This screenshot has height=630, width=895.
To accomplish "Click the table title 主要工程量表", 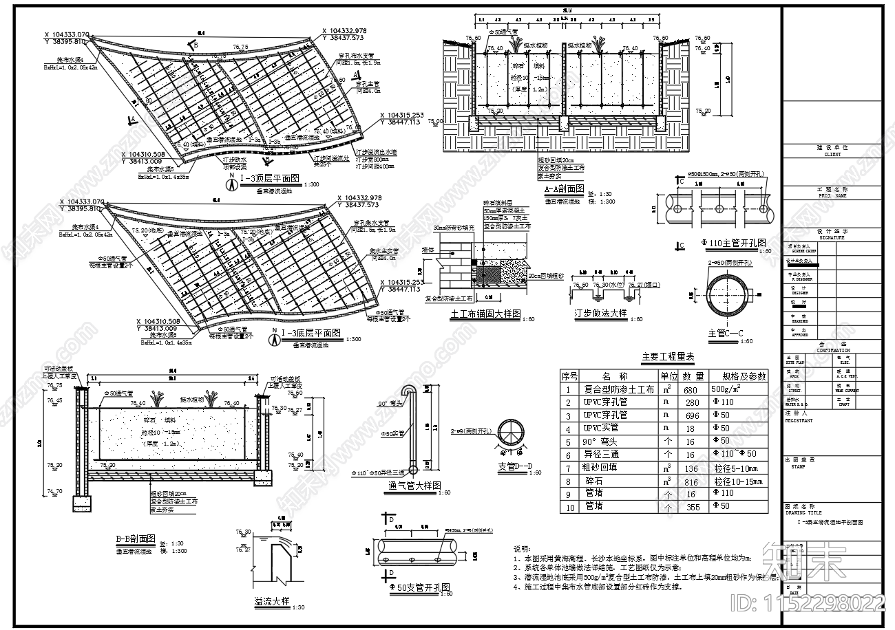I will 668,357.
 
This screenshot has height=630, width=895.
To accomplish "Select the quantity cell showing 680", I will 693,390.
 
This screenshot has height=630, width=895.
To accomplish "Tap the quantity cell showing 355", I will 693,507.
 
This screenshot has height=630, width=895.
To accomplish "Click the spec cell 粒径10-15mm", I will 743,481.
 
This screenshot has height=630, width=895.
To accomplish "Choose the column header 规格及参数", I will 744,376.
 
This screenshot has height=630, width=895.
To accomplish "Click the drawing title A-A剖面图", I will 564,188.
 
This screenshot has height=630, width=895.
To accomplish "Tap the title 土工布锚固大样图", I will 486,314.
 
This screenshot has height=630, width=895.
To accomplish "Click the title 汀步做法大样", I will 601,314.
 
